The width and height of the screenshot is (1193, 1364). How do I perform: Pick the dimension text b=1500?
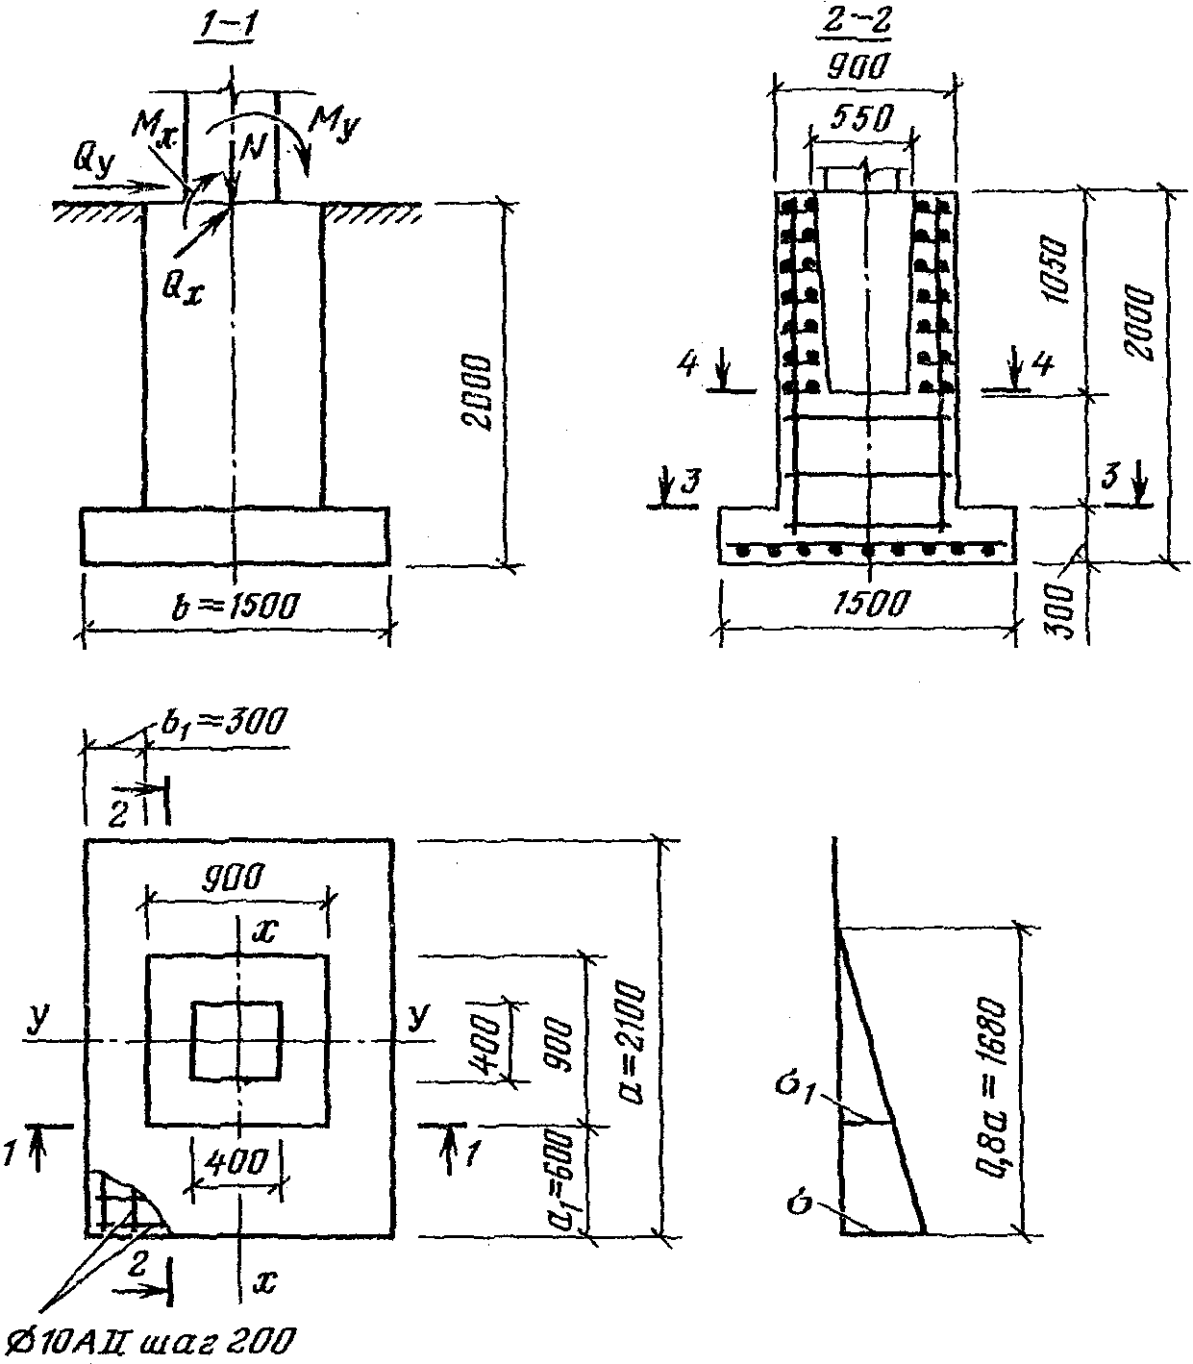pos(237,606)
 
